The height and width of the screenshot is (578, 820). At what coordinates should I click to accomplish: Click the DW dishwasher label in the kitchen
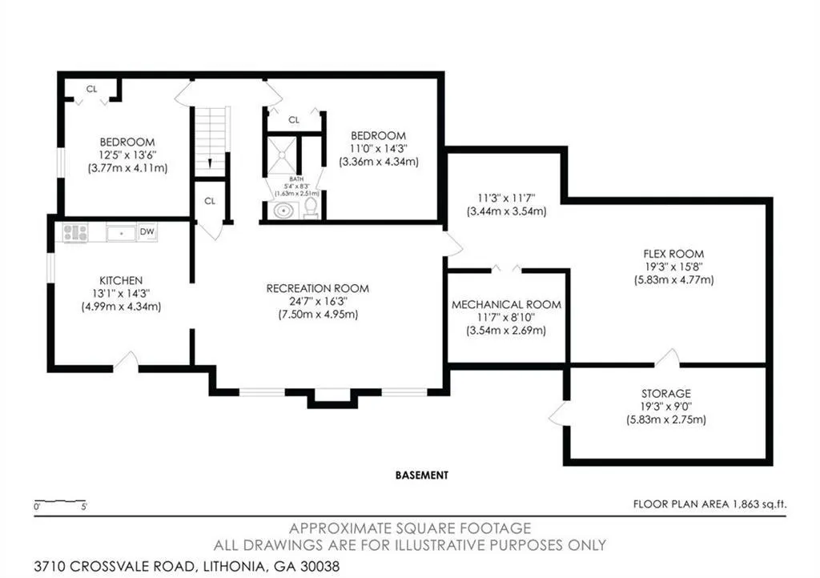pos(147,231)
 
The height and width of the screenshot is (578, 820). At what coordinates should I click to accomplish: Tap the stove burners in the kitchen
pos(75,232)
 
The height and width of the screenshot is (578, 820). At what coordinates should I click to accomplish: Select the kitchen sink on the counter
pos(121,232)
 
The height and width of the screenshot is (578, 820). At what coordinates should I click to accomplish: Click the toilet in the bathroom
pos(312,207)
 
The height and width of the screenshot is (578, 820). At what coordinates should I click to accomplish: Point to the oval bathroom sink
pos(284,211)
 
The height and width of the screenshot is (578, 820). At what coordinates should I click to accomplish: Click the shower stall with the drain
pos(282,155)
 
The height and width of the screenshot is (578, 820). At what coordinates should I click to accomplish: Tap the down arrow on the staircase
pos(210,163)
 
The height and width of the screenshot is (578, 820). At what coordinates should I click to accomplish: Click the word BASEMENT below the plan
pos(421,475)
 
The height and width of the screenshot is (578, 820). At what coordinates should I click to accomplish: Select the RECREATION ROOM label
pos(317,288)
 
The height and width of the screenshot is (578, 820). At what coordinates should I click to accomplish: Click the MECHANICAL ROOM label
pos(506,305)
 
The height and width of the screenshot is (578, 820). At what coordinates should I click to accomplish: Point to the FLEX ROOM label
pos(673,254)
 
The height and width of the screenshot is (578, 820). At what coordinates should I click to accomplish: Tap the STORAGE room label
pos(666,394)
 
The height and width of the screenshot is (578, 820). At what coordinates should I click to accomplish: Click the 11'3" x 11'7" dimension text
pos(506,199)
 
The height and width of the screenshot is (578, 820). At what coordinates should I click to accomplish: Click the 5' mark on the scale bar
pos(84,507)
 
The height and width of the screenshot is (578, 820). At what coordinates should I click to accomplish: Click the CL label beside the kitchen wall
pos(210,201)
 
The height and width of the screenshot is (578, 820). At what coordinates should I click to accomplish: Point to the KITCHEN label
pos(121,281)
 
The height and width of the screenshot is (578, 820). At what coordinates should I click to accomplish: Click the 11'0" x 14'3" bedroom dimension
pos(379,149)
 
